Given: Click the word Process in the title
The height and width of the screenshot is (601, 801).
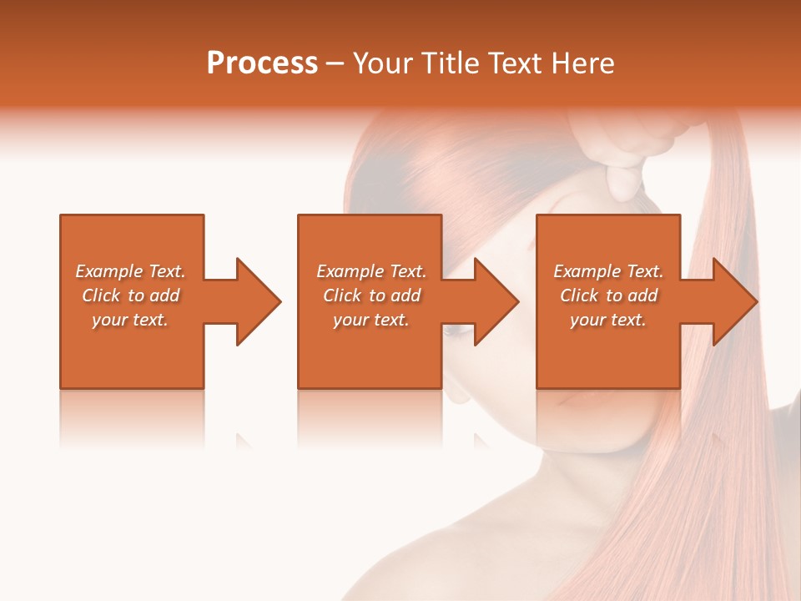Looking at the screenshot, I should [262, 63].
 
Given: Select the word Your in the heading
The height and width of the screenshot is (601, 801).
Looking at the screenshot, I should [383, 63].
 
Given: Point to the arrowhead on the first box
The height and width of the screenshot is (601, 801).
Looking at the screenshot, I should [258, 301].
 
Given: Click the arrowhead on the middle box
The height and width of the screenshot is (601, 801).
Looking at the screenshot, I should [496, 301].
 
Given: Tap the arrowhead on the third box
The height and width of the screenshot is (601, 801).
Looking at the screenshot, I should [735, 301].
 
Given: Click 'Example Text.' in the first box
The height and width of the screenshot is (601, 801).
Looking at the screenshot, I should [130, 271].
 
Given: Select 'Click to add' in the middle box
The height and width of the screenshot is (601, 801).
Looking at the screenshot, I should [371, 295].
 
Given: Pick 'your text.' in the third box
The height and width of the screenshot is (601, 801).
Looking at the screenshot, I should [608, 320].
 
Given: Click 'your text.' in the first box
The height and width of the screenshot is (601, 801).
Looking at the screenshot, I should [130, 320].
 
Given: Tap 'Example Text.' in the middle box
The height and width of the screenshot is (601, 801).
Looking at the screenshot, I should [371, 271].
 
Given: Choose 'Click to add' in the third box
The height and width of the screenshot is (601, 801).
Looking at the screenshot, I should [608, 295].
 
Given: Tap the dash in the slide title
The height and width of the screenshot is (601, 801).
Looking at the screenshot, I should [335, 63].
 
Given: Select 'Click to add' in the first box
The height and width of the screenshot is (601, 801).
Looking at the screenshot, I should [130, 295].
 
